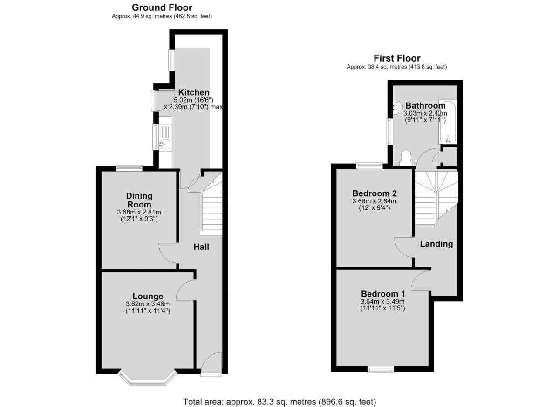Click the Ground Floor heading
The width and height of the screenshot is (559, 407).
pyautogui.click(x=162, y=8)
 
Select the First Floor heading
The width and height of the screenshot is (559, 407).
pyautogui.click(x=397, y=58)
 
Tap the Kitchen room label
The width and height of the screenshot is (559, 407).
pyautogui.click(x=194, y=92)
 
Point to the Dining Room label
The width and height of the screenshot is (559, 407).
pyautogui.click(x=139, y=200)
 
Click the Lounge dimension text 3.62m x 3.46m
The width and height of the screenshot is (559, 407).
pyautogui.click(x=148, y=304)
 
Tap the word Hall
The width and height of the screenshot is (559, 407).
pyautogui.click(x=201, y=247)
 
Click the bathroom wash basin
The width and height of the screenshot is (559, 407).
pyautogui.click(x=398, y=108)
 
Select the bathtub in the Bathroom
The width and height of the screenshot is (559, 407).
pyautogui.click(x=448, y=122)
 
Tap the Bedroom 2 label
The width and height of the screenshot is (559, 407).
pyautogui.click(x=375, y=193)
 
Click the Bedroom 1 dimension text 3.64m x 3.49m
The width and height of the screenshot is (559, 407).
pyautogui.click(x=382, y=301)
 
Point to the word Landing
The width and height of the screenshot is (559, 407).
pyautogui.click(x=436, y=244)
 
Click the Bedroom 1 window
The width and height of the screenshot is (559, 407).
pyautogui.click(x=381, y=369)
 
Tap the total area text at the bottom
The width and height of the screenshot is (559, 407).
pyautogui.click(x=279, y=395)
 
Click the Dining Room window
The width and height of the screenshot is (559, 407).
pyautogui.click(x=129, y=168)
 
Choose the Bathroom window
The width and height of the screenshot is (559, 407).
pyautogui.click(x=389, y=131)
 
